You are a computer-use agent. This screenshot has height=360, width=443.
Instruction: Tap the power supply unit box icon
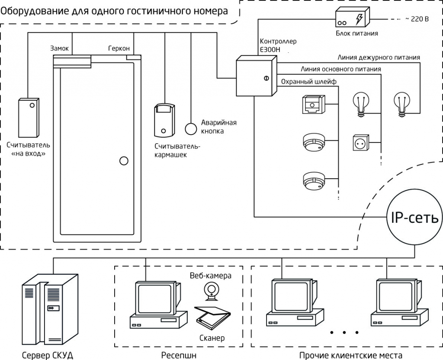coord(352,19)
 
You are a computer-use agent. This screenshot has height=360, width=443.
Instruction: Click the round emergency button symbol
coord(191,129)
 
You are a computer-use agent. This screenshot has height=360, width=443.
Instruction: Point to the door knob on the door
coord(124,161)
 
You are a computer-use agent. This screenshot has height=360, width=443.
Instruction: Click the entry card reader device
coord(29,117)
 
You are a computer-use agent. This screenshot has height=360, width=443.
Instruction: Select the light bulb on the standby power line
coord(402,104)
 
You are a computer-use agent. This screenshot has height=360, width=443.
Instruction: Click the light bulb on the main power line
coord(362,104)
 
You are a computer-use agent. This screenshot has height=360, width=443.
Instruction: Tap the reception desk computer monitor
coord(154,298)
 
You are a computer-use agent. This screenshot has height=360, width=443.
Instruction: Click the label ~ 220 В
coord(416,19)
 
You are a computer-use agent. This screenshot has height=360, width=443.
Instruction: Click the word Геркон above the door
coord(119,48)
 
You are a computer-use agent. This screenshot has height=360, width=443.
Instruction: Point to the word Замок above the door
coord(59,48)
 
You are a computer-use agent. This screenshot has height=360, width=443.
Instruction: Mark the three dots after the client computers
coord(344,333)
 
